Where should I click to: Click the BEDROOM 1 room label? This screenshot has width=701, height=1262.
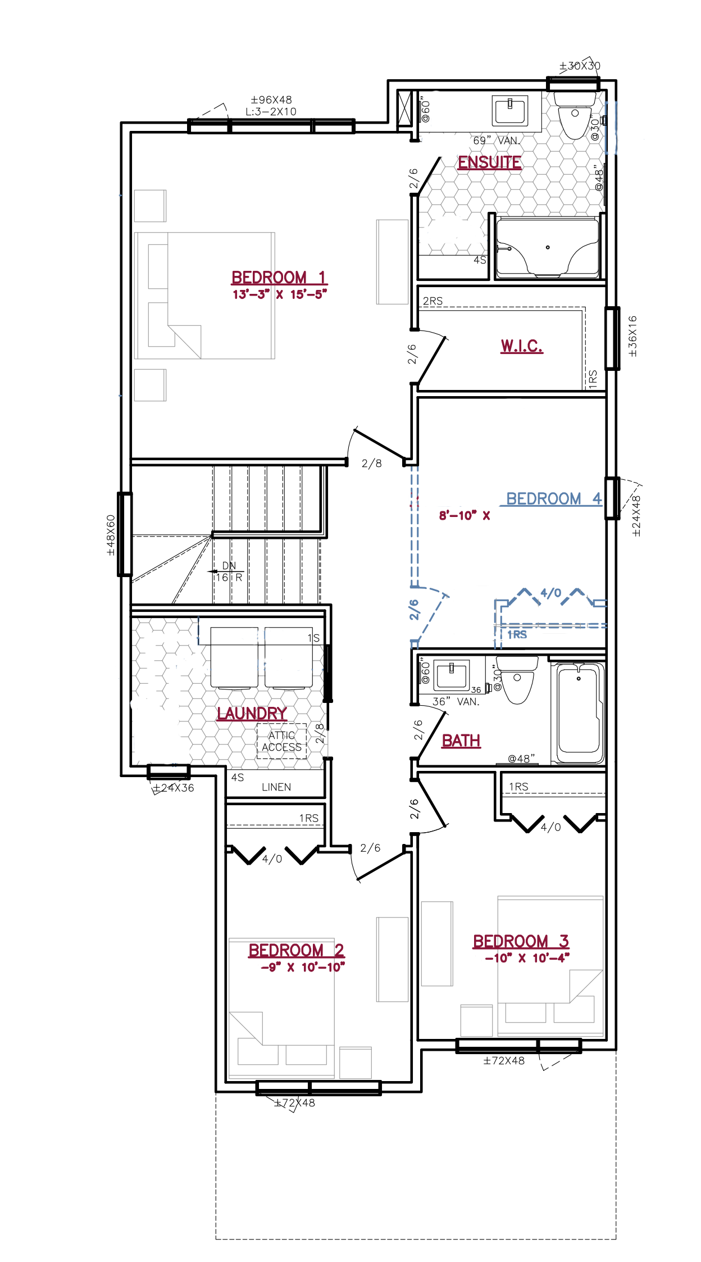point(279,278)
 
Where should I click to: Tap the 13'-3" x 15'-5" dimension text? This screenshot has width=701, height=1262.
point(279,295)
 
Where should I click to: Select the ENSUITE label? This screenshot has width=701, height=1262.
point(489,162)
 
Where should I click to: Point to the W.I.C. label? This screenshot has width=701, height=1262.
point(521,346)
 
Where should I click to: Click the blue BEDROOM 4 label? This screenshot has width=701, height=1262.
point(554,498)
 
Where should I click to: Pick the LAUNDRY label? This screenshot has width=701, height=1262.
point(252,714)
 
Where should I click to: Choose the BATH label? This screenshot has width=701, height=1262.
point(461,741)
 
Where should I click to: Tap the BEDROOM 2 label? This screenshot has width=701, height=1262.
point(296,950)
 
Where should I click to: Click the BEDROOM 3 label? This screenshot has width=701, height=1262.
point(521,941)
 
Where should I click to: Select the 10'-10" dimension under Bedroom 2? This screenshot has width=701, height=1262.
point(323,968)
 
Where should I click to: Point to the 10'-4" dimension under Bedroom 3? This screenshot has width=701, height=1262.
point(550,958)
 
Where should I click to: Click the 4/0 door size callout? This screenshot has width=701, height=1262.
point(550,593)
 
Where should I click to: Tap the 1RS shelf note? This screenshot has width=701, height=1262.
point(517,635)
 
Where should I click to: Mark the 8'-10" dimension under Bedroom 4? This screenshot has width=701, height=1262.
point(458,516)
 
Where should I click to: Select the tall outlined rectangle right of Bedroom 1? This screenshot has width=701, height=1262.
point(392,262)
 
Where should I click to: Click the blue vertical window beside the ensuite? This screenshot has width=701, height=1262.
point(611,128)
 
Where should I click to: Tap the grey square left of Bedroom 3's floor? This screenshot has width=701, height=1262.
point(476,1020)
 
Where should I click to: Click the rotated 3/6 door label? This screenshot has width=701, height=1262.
point(414,611)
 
